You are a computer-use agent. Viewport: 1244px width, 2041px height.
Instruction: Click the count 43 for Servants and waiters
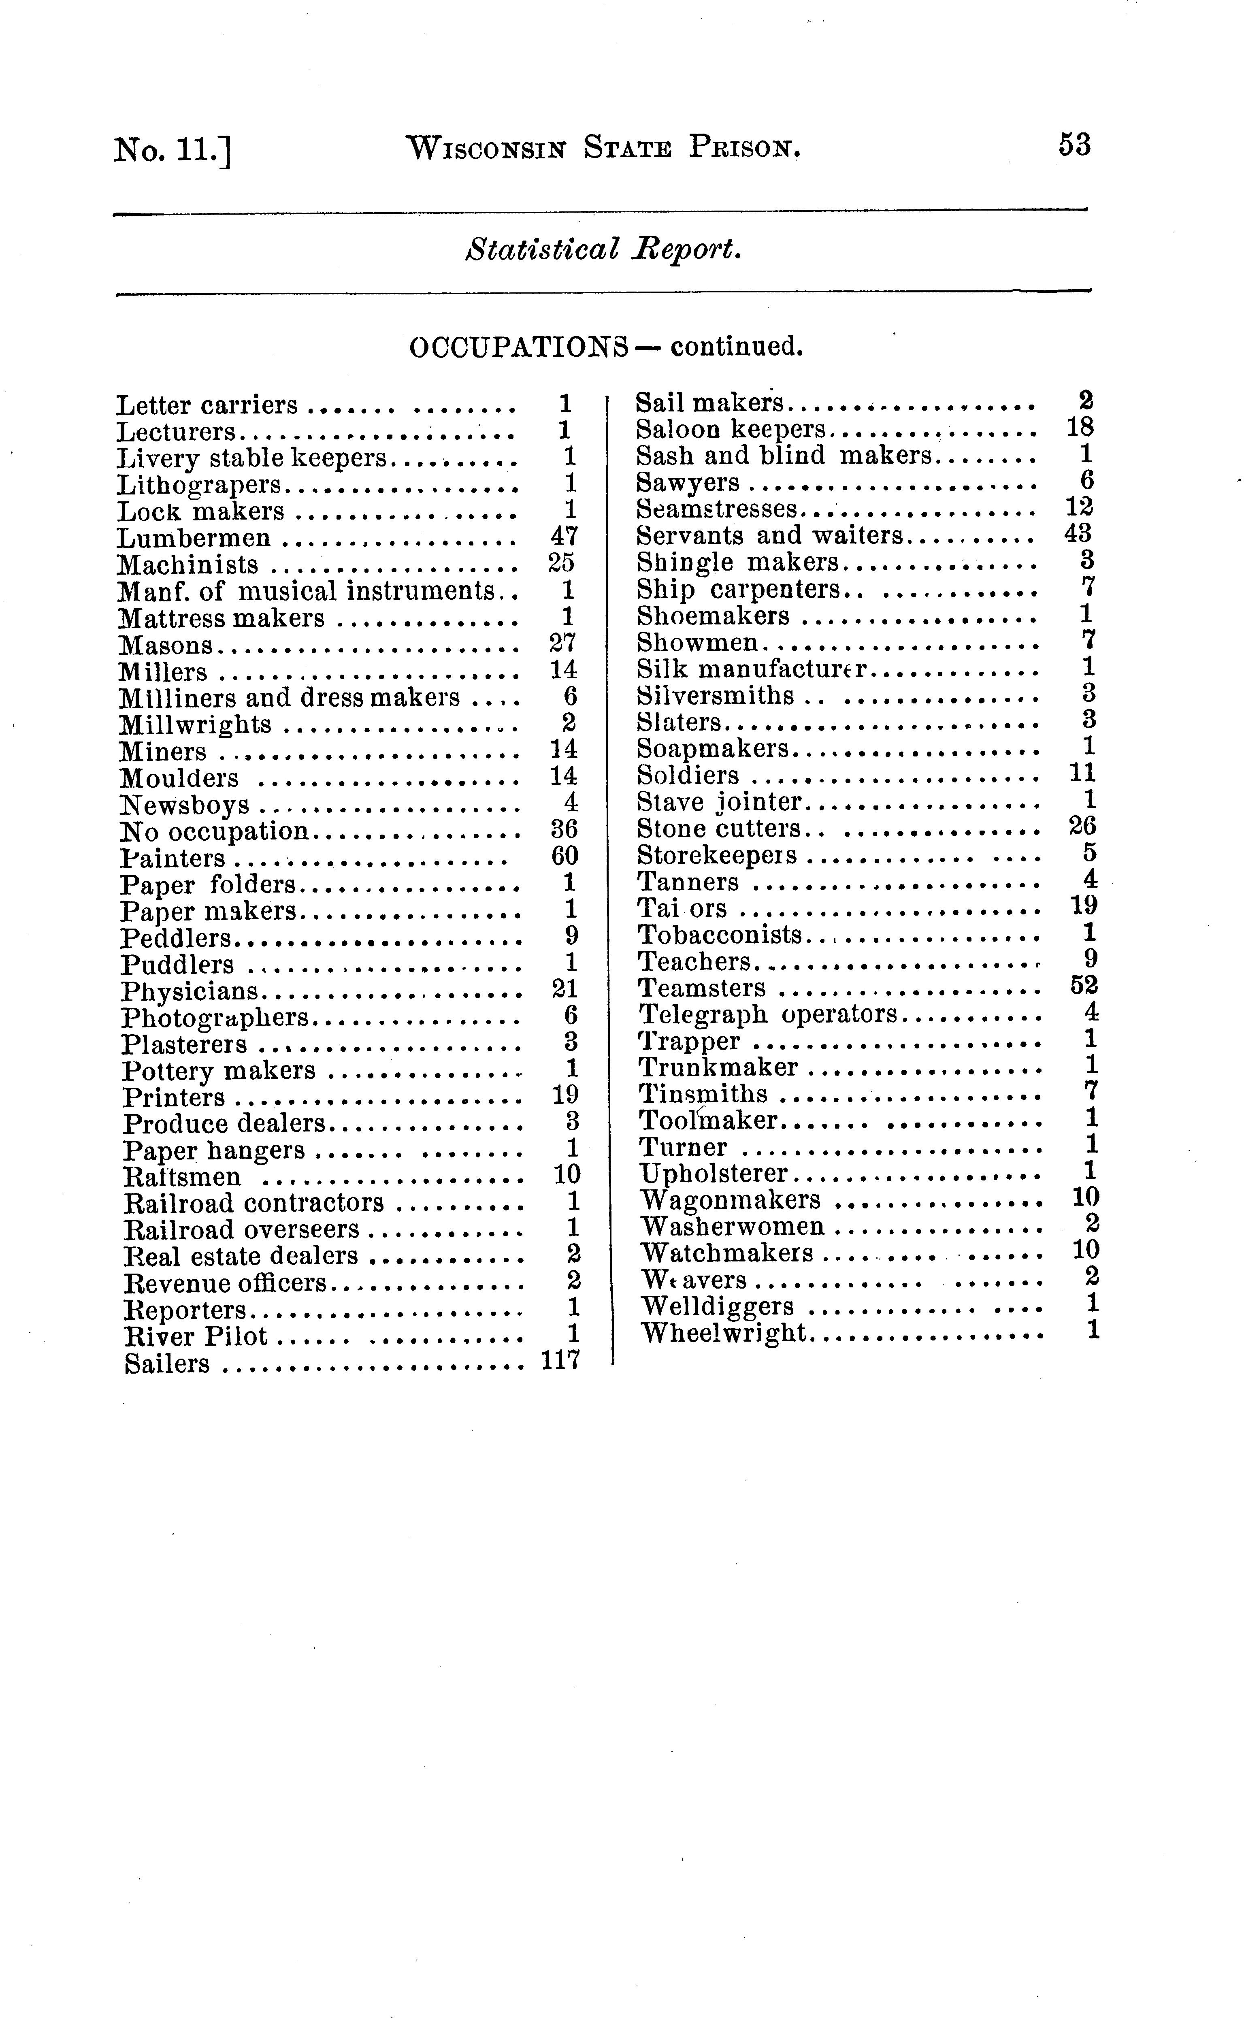(x=1078, y=533)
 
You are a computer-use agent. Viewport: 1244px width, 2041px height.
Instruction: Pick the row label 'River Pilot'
(x=196, y=1336)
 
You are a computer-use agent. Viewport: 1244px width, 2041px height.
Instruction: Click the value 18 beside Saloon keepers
(x=1080, y=427)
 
